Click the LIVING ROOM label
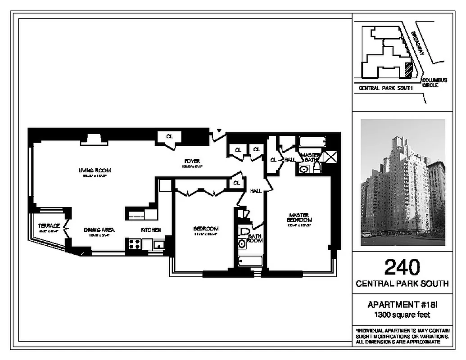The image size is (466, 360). click(x=94, y=171)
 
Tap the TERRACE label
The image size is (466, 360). click(x=49, y=225)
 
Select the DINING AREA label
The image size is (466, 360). click(x=99, y=229)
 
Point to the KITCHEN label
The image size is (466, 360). click(x=151, y=229)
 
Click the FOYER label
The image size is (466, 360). click(x=192, y=161)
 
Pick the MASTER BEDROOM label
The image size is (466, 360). click(x=299, y=217)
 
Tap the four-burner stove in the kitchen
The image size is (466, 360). click(x=134, y=244)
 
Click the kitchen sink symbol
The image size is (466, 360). click(x=158, y=245)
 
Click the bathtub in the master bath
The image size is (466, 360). click(x=312, y=142)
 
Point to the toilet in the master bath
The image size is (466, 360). click(x=317, y=168)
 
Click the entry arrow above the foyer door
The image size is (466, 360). click(x=218, y=131)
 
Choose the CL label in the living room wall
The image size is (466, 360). click(x=169, y=136)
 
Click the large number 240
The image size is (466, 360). click(x=402, y=267)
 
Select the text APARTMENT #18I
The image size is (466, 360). click(x=402, y=305)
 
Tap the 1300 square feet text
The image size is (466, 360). click(x=402, y=315)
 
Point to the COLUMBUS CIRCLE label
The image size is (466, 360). click(x=434, y=83)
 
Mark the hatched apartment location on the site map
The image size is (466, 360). click(x=408, y=70)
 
